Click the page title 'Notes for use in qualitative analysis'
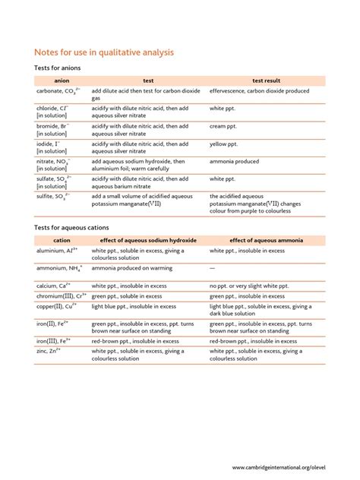pos(105,52)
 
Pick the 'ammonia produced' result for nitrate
pos(237,161)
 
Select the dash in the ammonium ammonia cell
pos(213,268)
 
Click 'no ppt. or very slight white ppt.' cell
pos(260,286)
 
